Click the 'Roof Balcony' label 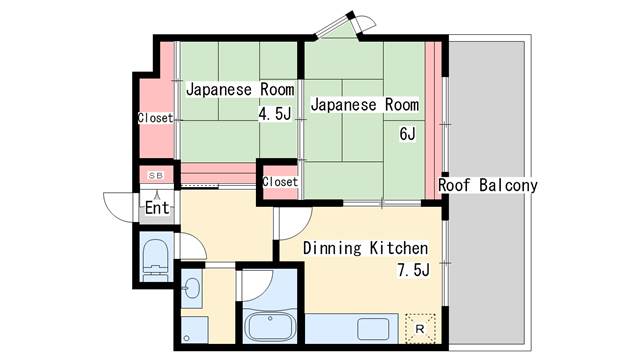pyautogui.click(x=488, y=186)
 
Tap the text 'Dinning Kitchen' pyautogui.click(x=365, y=248)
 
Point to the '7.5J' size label pyautogui.click(x=412, y=270)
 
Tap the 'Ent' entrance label pyautogui.click(x=157, y=209)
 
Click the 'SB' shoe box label pyautogui.click(x=155, y=176)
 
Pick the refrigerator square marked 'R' pyautogui.click(x=419, y=325)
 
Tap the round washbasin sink pyautogui.click(x=192, y=291)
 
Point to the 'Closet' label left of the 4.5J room pyautogui.click(x=155, y=118)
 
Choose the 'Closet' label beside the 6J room pyautogui.click(x=280, y=182)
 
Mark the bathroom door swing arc pyautogui.click(x=252, y=285)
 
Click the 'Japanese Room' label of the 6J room pyautogui.click(x=362, y=105)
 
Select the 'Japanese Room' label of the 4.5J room pyautogui.click(x=239, y=89)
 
